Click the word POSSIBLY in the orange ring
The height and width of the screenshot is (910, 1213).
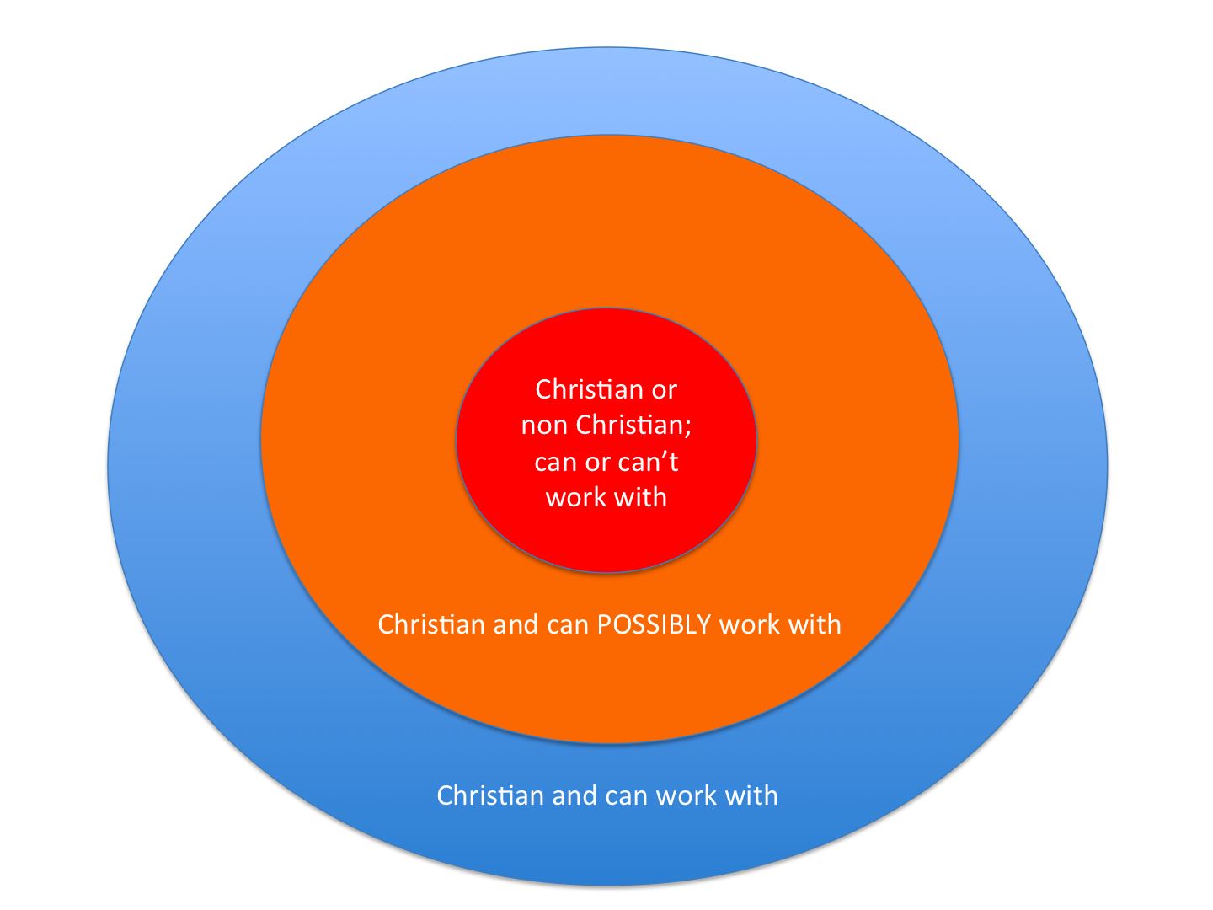click(654, 625)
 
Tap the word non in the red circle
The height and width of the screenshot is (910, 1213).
click(544, 426)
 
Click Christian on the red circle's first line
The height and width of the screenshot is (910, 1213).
click(588, 389)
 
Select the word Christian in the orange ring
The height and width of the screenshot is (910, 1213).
click(431, 625)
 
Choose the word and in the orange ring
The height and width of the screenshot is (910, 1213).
click(516, 625)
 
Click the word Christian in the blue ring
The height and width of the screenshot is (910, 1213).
click(490, 796)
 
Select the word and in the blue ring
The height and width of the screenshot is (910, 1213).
click(574, 796)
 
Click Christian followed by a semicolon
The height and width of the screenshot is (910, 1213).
click(628, 425)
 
